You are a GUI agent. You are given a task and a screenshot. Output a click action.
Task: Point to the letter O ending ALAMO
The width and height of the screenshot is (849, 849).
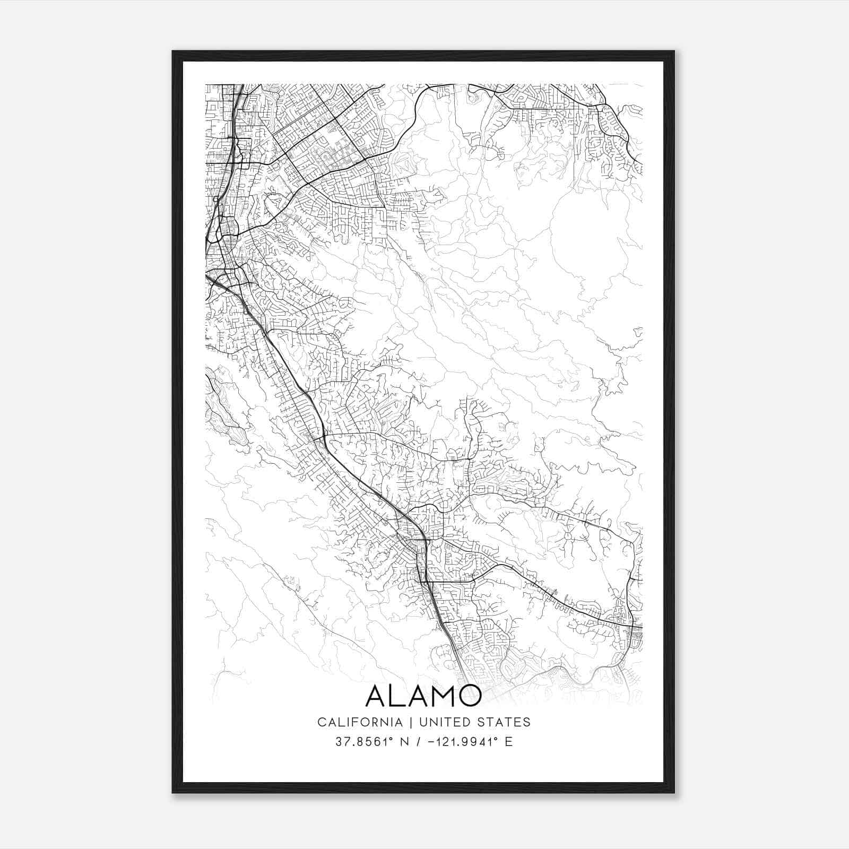(469, 696)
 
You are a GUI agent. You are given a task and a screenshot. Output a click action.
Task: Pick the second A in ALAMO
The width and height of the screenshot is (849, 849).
(419, 696)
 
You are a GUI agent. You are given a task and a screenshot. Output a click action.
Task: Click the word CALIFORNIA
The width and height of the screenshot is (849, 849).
(359, 722)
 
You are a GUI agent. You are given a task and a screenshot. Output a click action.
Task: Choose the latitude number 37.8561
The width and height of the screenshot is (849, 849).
(356, 742)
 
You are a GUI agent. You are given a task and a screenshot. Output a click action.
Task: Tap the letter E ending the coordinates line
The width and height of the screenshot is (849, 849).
(509, 742)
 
